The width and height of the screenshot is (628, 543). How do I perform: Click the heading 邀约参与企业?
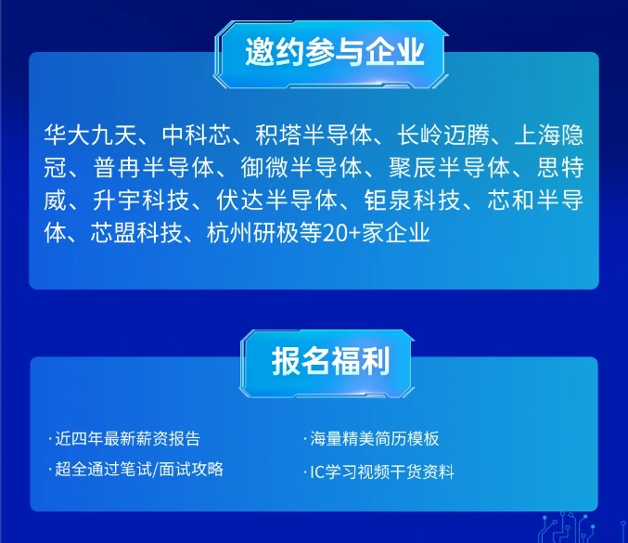(335, 52)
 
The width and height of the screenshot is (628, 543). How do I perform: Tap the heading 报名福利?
(331, 361)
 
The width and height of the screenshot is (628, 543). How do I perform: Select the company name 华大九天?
(91, 135)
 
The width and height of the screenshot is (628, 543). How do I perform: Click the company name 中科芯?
(197, 135)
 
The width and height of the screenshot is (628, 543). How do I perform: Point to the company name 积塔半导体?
(314, 135)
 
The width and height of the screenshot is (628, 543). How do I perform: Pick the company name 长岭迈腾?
(443, 135)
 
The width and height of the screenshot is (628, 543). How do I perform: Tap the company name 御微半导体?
(301, 167)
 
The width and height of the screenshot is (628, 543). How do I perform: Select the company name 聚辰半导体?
(450, 167)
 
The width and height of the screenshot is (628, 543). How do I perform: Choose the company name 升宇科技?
(141, 200)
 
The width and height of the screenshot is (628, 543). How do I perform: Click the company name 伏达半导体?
(277, 200)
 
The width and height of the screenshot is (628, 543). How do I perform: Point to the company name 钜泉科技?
(413, 200)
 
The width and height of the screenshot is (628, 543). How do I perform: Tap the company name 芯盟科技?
(137, 233)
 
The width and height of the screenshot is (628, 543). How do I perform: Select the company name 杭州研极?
(253, 233)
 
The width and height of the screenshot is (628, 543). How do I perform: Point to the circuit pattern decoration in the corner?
(583, 527)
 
